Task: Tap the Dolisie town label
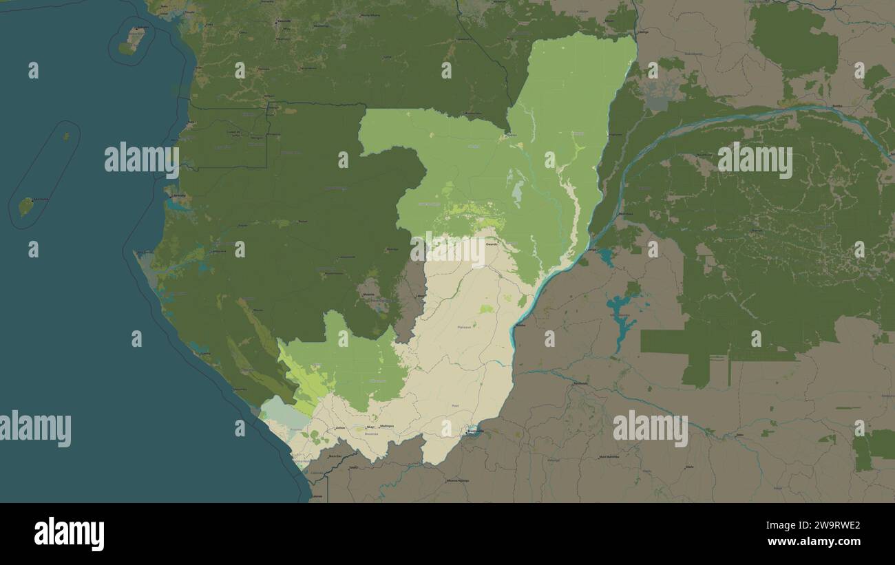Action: tap(339, 428)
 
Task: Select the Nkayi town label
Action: tap(370, 427)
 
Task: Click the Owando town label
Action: tap(491, 244)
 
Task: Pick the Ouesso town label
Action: tap(510, 135)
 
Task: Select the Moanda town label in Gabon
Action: tap(369, 295)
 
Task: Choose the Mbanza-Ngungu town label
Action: tap(457, 480)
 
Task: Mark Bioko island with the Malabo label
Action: tap(134, 39)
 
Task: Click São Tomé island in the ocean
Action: tap(26, 206)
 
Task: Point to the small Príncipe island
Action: tap(66, 136)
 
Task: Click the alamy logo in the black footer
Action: tap(69, 534)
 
